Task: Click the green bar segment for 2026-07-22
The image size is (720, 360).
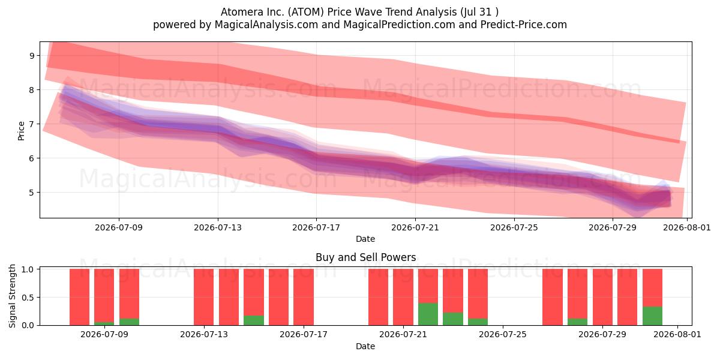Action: click(428, 314)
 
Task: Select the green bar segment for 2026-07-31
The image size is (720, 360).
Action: click(652, 316)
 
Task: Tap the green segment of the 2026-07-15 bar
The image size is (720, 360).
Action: click(254, 320)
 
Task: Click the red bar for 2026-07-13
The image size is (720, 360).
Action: click(204, 297)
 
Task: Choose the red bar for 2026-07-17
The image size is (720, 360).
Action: click(304, 297)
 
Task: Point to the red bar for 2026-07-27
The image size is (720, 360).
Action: click(553, 297)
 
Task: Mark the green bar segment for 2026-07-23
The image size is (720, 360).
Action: click(453, 319)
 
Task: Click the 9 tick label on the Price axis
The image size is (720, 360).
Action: click(31, 56)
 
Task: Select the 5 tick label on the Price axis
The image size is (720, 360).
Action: click(31, 193)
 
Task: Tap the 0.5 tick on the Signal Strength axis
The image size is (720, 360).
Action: click(28, 298)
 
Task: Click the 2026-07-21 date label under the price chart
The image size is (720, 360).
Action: click(415, 227)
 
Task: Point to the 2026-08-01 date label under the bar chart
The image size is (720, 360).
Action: click(677, 335)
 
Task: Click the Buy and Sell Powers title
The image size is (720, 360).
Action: click(366, 257)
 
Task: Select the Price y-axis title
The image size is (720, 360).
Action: click(21, 131)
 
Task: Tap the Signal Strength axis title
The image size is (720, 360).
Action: click(12, 296)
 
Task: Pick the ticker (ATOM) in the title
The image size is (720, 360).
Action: click(305, 12)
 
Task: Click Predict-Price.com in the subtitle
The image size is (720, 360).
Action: click(524, 25)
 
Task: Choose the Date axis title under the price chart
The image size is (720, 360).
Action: click(365, 239)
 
